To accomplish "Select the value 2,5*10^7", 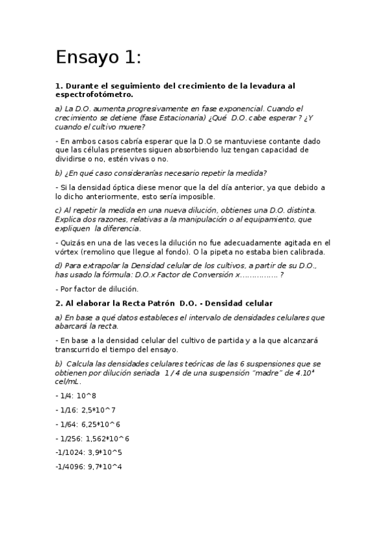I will [x=98, y=410].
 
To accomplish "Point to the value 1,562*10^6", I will [x=107, y=438].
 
